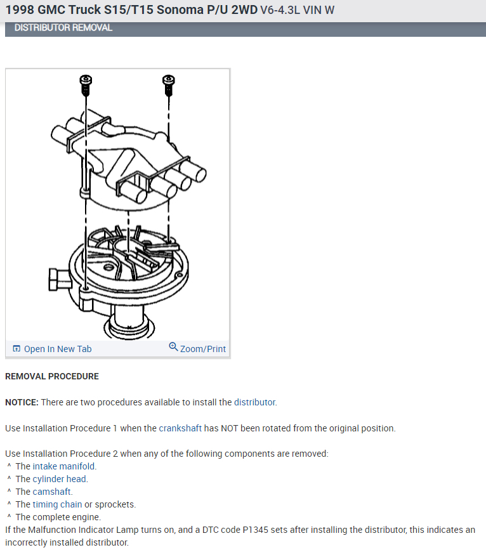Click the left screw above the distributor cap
pos(85,82)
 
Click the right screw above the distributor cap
pos(168,82)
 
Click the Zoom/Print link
pos(202,349)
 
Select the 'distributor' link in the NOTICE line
pos(254,402)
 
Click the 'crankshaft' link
pos(180,428)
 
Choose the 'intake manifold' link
pos(64,466)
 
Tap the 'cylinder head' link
pos(60,479)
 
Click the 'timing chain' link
pos(57,504)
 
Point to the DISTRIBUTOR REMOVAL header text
pos(63,28)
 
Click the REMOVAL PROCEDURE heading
pos(52,376)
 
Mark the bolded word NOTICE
pos(22,402)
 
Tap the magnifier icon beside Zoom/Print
pos(173,347)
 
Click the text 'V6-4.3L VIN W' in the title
pos(297,11)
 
